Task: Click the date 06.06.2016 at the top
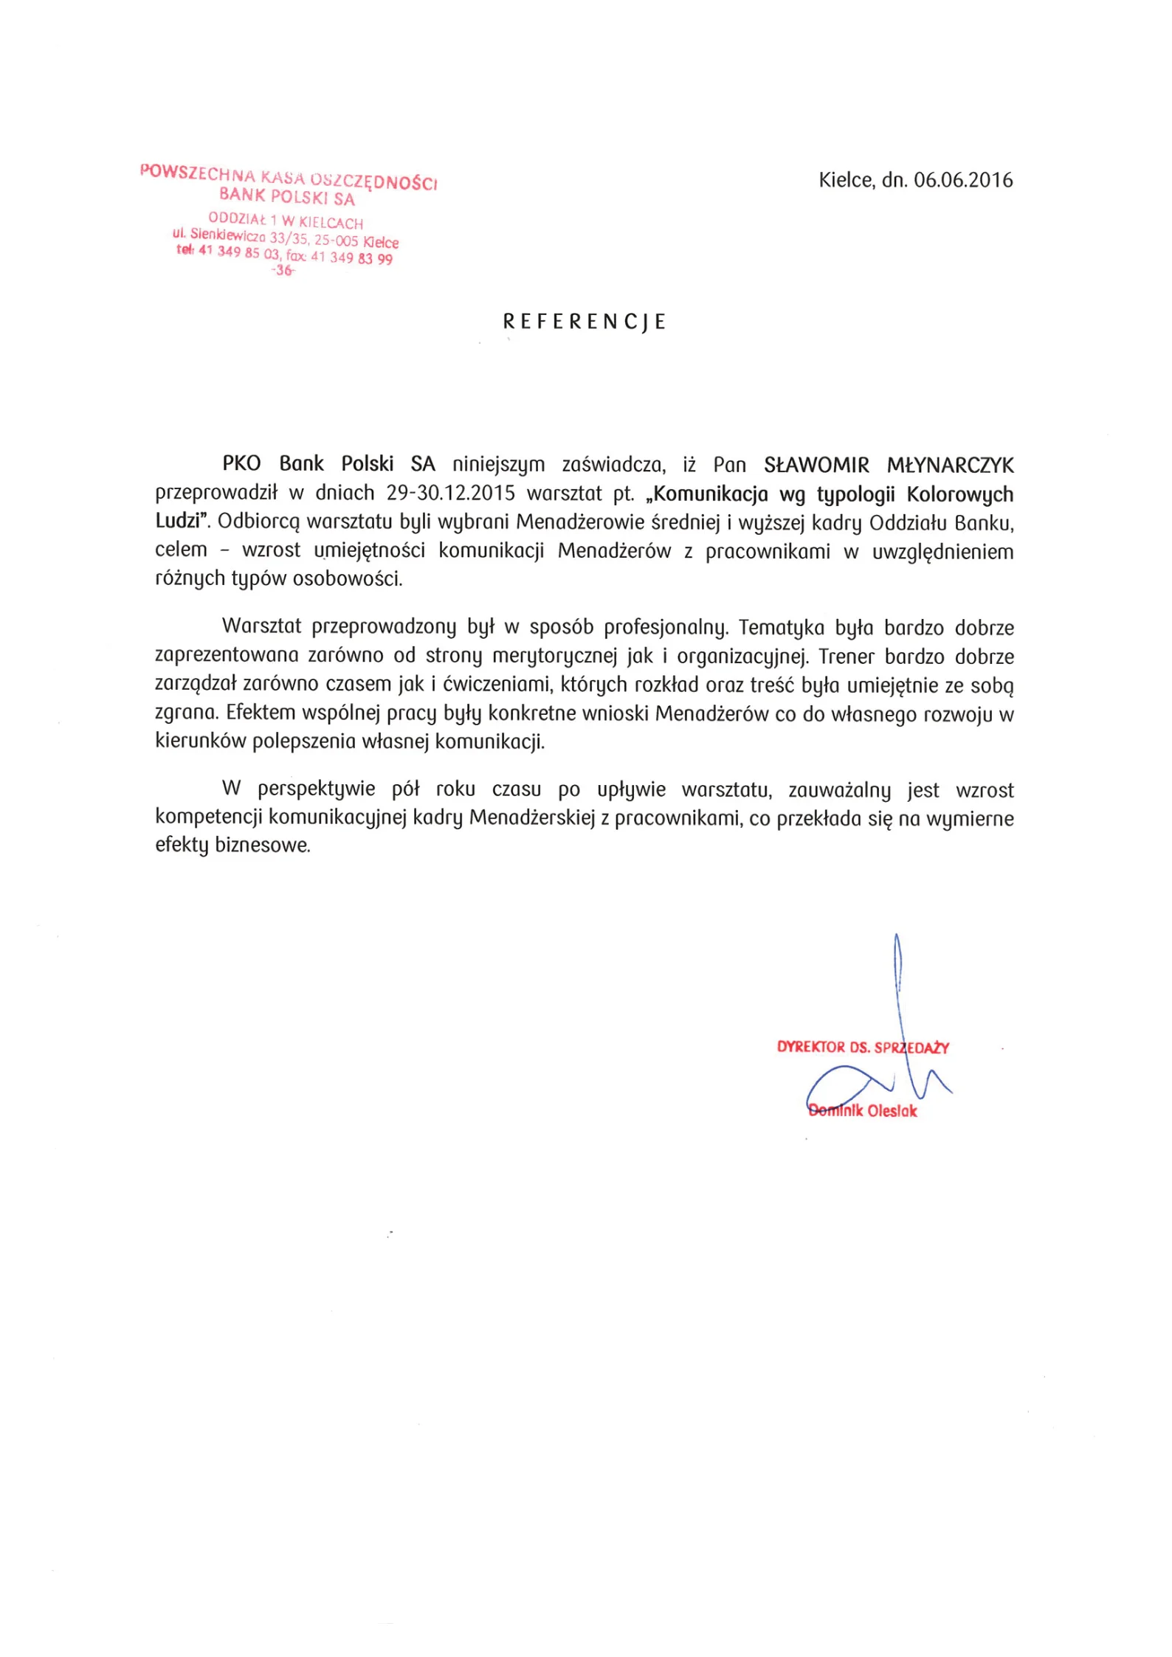coord(963,180)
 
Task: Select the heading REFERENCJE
coord(585,322)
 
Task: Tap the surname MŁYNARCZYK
coord(951,466)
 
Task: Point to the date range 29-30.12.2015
coord(450,494)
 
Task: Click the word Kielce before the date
coord(846,180)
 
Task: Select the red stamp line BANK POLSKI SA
coord(287,197)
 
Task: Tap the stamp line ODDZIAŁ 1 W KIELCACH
coord(286,221)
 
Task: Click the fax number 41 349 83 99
coord(351,258)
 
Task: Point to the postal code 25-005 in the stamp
coord(337,241)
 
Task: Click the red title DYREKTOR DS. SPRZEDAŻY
coord(863,1047)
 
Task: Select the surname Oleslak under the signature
coord(892,1111)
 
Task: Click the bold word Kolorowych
coord(959,494)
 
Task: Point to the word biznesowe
coord(262,845)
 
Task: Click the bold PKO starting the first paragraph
coord(241,464)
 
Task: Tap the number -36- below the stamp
coord(283,271)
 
